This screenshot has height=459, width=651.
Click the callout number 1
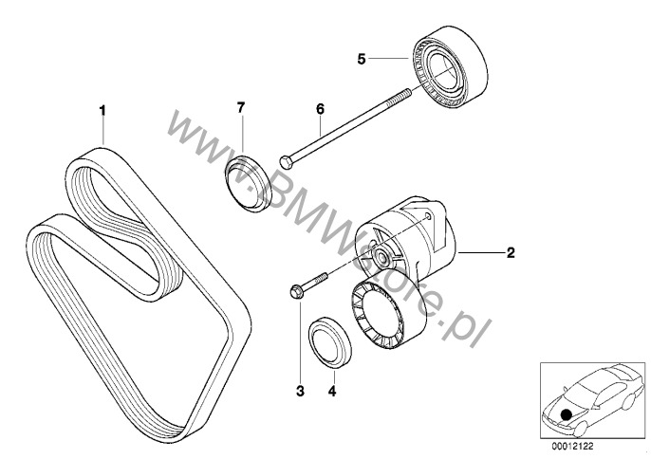click(103, 111)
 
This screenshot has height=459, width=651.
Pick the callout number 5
click(362, 59)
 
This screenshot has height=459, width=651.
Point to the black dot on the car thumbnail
click(566, 413)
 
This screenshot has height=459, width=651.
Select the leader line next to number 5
click(389, 59)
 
